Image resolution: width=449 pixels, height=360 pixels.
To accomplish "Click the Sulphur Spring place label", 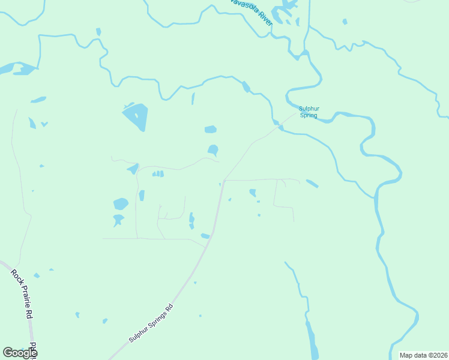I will coord(309,112).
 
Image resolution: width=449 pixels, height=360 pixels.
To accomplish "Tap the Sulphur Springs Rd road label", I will coord(151,323).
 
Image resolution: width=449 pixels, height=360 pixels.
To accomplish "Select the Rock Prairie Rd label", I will coord(21,294).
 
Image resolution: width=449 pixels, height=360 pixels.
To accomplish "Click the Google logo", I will coord(19,353).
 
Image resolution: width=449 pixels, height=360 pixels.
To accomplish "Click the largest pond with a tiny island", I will coord(135,116).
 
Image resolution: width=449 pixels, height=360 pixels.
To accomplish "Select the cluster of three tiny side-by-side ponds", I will coord(157,174).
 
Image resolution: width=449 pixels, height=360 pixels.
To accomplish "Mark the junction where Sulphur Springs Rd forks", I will coord(224,180).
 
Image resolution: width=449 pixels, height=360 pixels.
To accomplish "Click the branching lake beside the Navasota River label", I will coord(282,12).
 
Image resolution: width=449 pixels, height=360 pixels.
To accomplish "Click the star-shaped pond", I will coord(118,220).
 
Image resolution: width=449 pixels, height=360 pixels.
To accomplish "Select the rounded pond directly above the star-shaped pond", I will coord(121,204).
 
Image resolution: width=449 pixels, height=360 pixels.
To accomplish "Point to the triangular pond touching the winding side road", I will coord(133,169).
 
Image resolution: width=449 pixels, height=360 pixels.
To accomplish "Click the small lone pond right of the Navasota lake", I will coord(345,22).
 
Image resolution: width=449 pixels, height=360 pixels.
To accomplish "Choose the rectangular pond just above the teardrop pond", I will coord(210,129).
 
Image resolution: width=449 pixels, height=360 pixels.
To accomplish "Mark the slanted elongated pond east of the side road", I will coord(312,184).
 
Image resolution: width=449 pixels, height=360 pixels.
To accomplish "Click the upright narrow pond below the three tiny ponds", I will coord(142,196).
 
